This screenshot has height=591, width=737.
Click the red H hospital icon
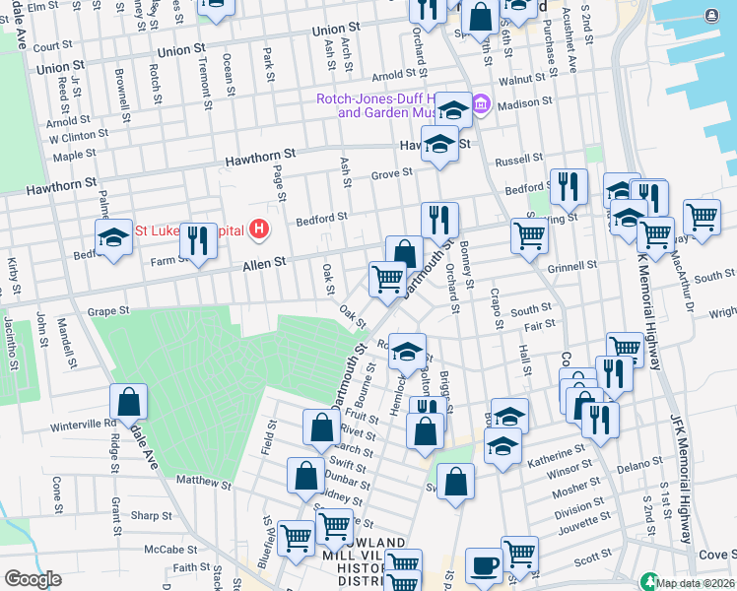coord(259,230)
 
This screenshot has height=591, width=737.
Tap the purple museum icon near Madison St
coord(481,104)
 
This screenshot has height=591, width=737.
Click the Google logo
coord(33,579)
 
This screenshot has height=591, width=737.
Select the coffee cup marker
coord(484,564)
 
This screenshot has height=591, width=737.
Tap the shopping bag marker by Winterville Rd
coord(129,402)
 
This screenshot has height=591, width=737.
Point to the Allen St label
coord(265,262)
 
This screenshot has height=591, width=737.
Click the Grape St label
coord(108,311)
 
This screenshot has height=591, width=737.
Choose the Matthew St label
coord(203,484)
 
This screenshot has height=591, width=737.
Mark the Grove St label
coord(390,174)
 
